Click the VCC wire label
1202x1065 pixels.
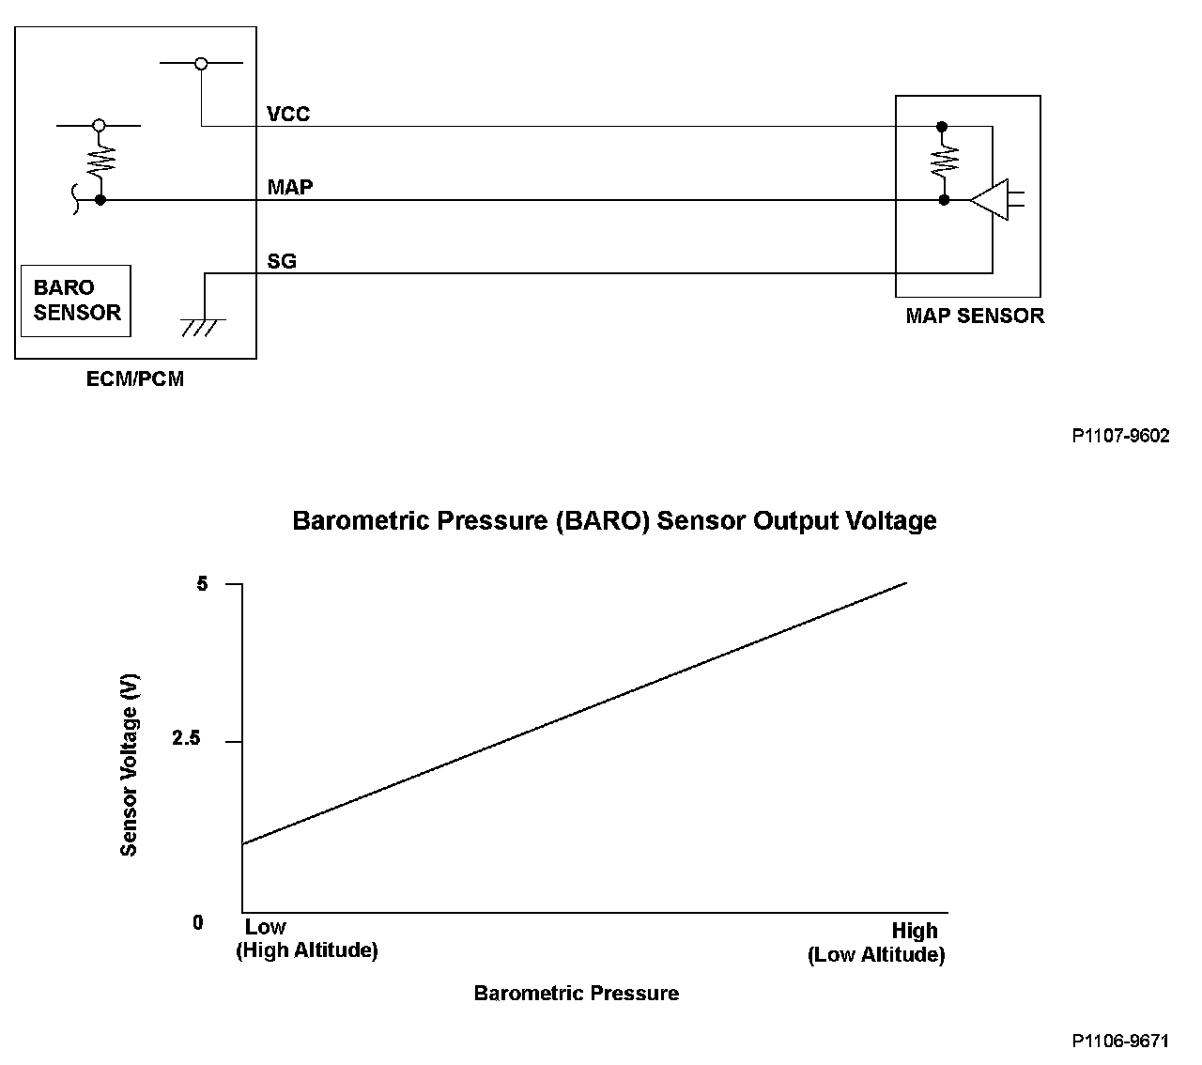click(x=288, y=115)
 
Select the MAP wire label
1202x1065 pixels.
click(x=289, y=187)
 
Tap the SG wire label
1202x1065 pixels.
click(x=282, y=261)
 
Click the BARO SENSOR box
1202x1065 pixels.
click(x=77, y=301)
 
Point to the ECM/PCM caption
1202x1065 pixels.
click(x=135, y=379)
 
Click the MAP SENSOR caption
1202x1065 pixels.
click(x=974, y=316)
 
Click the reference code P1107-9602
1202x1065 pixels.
click(x=1120, y=436)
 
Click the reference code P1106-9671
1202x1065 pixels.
click(x=1120, y=1041)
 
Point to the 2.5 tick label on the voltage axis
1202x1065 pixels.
click(x=186, y=739)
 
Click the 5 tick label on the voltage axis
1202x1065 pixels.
click(x=201, y=584)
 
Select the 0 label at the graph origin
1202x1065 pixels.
click(x=197, y=923)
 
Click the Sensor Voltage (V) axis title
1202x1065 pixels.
click(x=129, y=765)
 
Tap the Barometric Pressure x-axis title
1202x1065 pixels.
click(x=576, y=994)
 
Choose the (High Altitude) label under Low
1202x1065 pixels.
click(x=306, y=950)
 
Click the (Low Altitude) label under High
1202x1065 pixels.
click(x=875, y=955)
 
